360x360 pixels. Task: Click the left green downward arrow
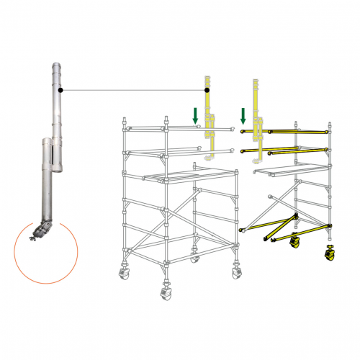pos(194,114)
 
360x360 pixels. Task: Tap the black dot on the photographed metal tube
pos(63,90)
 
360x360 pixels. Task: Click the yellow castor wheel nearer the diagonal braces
pos(294,243)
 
